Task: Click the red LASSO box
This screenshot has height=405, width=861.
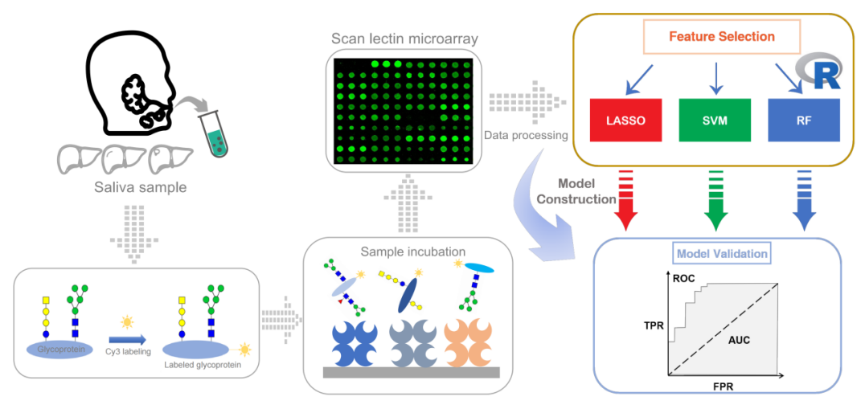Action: (625, 120)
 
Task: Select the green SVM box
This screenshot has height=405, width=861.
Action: (715, 120)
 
